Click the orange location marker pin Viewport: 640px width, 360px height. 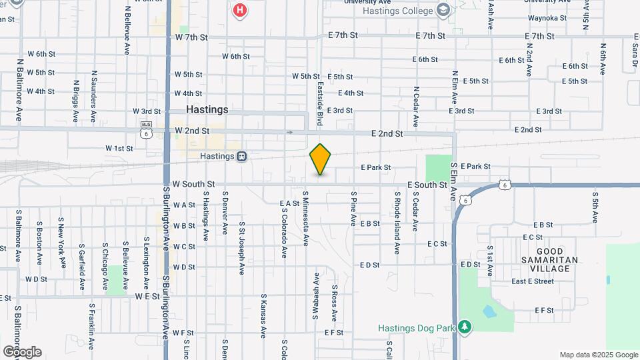pos(321,159)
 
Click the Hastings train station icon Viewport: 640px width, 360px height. pos(242,156)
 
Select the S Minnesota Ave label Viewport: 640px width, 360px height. pos(306,219)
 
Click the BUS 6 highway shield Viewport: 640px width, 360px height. pos(146,129)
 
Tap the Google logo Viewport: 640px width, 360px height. pos(21,352)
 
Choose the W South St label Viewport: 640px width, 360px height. pos(193,184)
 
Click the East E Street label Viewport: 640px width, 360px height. pos(533,281)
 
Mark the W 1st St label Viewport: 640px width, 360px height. pos(119,148)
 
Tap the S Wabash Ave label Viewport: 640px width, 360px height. pos(315,294)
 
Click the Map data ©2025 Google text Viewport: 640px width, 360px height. pos(598,355)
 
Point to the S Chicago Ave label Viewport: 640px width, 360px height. pos(105,267)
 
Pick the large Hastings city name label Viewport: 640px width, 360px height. pos(207,109)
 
